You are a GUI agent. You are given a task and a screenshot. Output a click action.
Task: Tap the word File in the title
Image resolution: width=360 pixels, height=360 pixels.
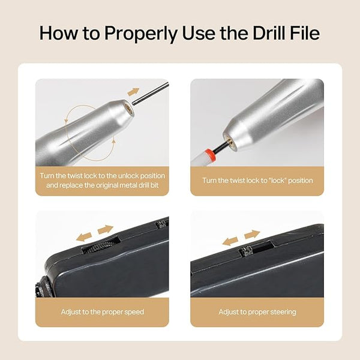click(x=305, y=33)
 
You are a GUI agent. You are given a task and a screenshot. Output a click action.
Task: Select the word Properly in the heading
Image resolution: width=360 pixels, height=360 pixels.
click(x=141, y=34)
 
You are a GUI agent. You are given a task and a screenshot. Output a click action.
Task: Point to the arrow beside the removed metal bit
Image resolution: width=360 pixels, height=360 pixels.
click(x=133, y=92)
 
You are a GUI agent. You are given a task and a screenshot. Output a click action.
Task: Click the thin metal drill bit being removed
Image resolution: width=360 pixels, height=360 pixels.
click(x=151, y=94)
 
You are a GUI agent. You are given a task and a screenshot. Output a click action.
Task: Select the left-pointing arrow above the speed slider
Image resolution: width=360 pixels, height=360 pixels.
click(x=84, y=237)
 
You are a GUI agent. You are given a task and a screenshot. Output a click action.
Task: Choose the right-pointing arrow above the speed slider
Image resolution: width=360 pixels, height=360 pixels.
click(x=106, y=230)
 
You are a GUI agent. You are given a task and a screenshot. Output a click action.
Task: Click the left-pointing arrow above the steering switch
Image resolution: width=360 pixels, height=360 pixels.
click(x=230, y=241)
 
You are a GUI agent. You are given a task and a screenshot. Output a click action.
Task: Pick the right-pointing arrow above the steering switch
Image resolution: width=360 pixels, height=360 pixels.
click(x=252, y=234)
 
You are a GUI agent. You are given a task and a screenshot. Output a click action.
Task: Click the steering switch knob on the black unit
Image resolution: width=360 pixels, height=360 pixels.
click(x=246, y=251)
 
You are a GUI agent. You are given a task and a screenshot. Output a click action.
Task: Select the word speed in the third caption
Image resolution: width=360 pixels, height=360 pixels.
click(x=134, y=312)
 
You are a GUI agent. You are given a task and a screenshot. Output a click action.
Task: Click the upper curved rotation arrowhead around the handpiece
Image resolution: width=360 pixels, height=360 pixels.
click(x=67, y=120)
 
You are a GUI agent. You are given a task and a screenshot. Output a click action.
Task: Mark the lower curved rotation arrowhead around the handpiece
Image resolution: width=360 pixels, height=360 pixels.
click(x=113, y=141)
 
